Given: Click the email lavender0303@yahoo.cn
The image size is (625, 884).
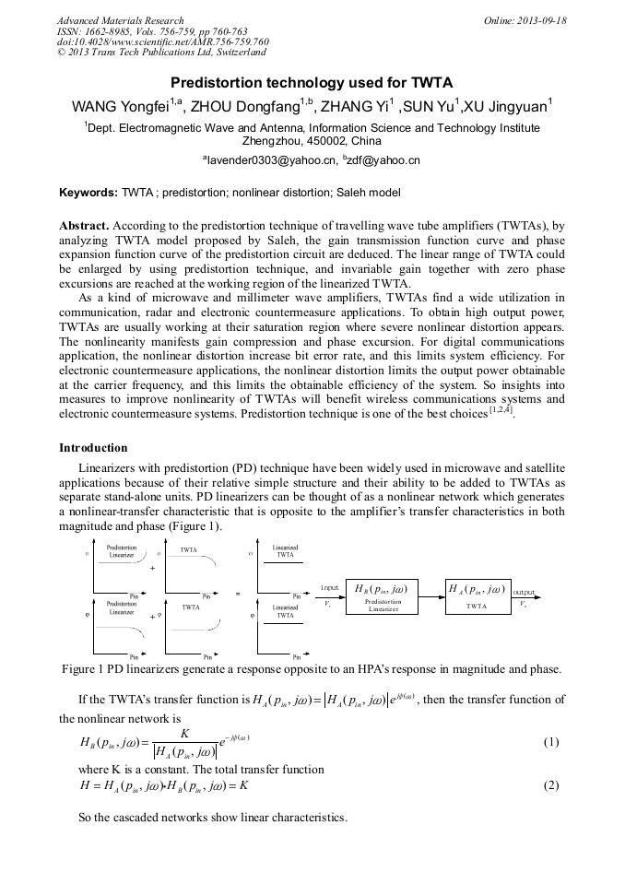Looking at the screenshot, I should point(271,160).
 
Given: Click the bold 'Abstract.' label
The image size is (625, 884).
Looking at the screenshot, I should point(85,225).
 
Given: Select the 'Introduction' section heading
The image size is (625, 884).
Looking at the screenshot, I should point(93,448).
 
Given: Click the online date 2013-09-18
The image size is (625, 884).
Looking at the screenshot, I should point(542,20).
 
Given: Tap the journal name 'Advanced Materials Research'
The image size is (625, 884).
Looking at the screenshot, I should point(120,20).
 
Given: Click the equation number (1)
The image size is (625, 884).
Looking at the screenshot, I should point(550,742).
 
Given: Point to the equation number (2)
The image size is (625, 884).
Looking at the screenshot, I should point(550,785).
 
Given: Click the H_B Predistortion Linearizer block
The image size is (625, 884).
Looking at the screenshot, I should point(381,596).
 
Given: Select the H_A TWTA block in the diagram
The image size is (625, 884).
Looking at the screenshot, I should point(477,596).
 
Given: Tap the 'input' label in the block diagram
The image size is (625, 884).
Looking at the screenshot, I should point(330,587).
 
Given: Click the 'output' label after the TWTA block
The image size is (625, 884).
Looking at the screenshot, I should point(524,591).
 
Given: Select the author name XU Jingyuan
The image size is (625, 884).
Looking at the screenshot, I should point(506,106).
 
